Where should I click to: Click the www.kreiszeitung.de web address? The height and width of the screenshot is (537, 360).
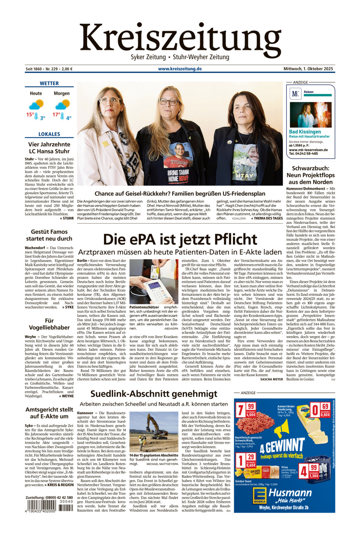pos(180,69)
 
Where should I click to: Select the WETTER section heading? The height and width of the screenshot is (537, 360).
pos(49,83)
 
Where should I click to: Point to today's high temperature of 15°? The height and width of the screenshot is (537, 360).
pos(30,115)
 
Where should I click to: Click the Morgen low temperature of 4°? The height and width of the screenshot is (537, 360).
pos(68,118)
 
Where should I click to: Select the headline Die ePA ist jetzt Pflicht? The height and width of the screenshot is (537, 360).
pos(180,240)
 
